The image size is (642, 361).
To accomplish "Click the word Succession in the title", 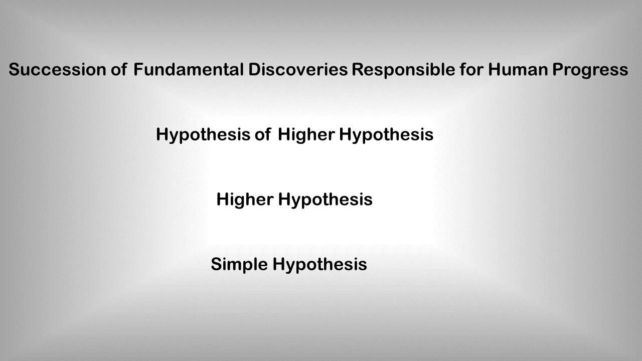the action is point(57,70).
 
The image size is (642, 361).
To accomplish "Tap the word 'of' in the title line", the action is point(119,70).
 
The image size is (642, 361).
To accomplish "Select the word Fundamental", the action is point(189,70).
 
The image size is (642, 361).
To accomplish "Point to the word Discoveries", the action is point(298,70).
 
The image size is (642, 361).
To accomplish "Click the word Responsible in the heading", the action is point(404,70).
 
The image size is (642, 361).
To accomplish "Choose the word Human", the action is point(518,70).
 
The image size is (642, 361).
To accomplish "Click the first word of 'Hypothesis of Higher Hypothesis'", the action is point(203,135).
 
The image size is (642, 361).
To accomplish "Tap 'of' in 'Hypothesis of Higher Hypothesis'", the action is point(263,134).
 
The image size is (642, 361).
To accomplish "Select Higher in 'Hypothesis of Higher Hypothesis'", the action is point(306,135).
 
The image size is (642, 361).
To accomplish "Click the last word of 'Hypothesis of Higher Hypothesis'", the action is point(386,135).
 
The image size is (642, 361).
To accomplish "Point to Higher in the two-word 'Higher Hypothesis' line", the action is point(245,200).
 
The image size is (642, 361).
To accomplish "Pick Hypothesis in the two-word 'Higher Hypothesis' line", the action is point(326,200).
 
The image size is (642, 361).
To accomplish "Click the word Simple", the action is point(239,265).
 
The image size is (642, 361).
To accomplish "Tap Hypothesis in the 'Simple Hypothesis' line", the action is point(320,265).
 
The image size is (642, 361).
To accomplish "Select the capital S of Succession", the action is point(14,70).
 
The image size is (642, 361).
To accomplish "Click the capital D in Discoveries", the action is point(254,70).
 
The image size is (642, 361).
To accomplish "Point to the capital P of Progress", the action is point(558,70).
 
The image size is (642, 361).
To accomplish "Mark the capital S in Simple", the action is point(216,264).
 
